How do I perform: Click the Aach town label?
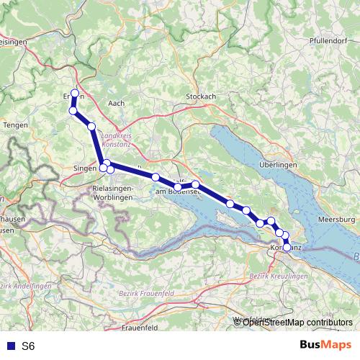coord(115,103)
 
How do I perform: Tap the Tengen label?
coord(16,125)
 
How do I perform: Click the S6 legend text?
coord(28,346)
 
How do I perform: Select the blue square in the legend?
coord(9,346)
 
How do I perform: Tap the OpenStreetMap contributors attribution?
coord(297,322)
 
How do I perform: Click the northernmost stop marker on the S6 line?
coord(75,93)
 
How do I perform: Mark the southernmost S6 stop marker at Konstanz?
coord(287,248)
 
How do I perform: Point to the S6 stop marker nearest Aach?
coord(91,126)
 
